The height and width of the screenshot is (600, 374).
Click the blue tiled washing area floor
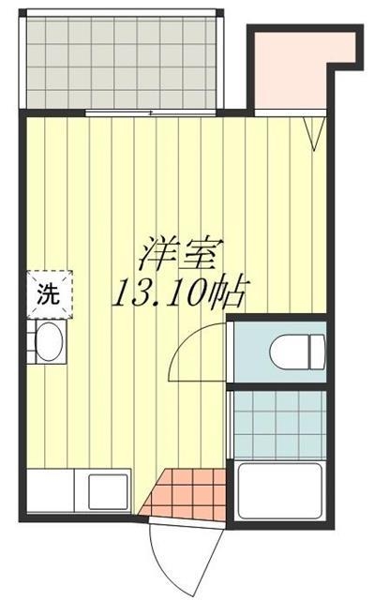click(278, 422)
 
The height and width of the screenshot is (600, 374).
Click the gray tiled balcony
click(122, 61)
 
